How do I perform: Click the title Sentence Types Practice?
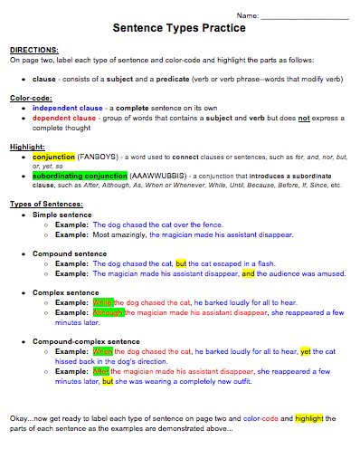[x=180, y=28]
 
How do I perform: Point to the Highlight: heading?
[x=27, y=146]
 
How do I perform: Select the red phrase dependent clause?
[x=66, y=118]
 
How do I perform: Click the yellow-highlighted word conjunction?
[x=55, y=156]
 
